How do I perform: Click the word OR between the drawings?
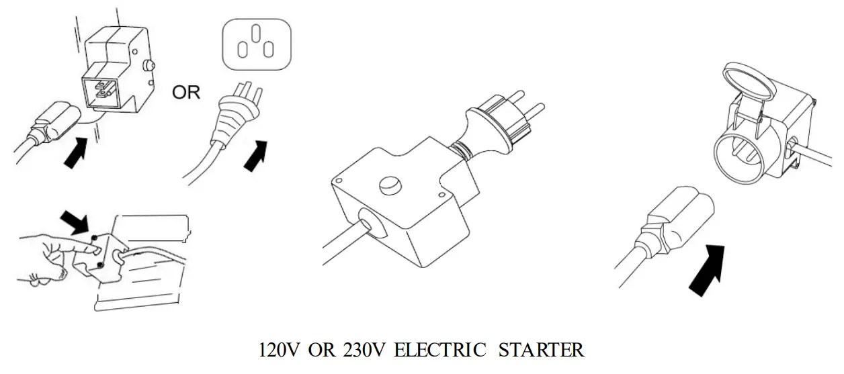coord(186,93)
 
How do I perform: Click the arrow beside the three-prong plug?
coord(257,155)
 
